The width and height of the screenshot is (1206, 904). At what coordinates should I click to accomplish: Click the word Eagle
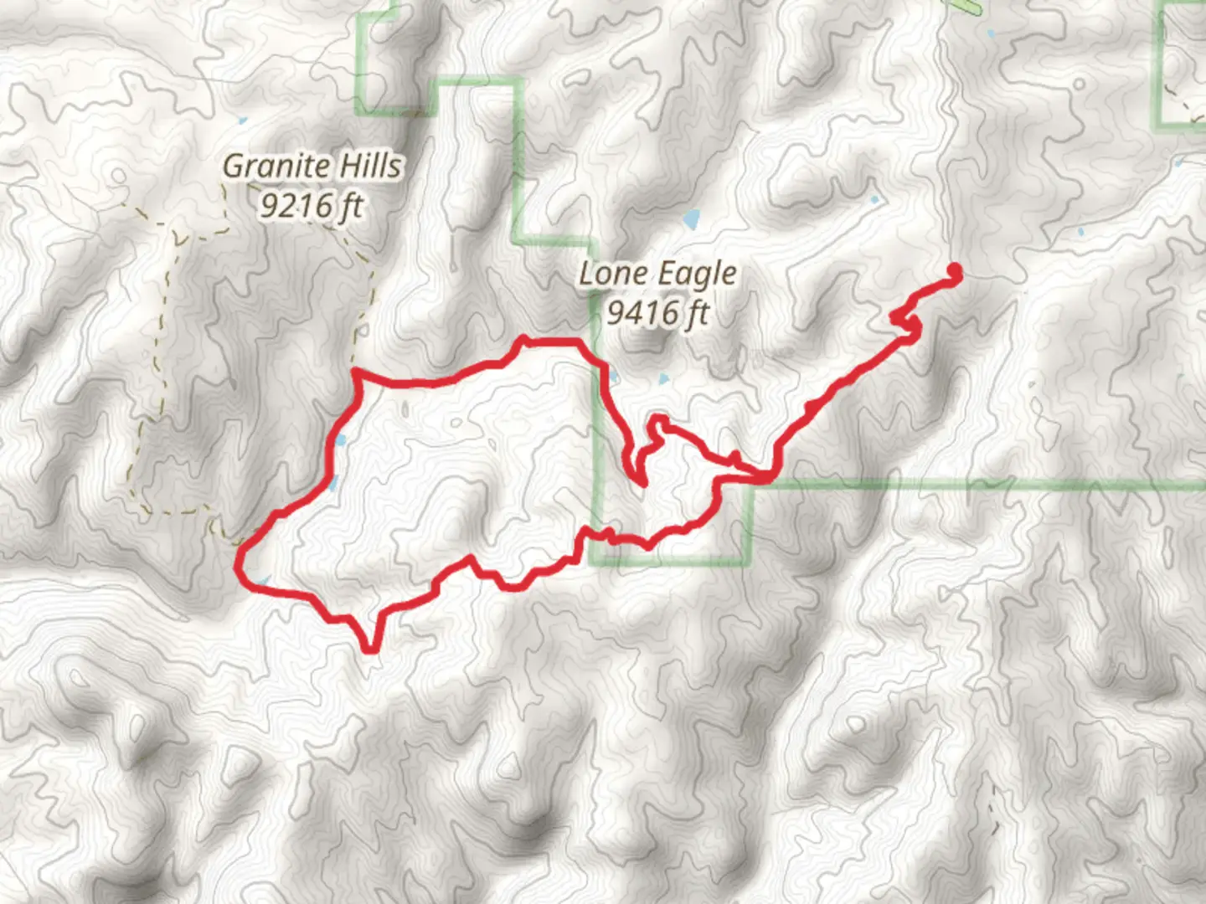(697, 275)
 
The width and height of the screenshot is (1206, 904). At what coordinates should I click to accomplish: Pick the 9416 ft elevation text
(657, 313)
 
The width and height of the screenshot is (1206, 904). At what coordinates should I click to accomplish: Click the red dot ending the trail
(953, 270)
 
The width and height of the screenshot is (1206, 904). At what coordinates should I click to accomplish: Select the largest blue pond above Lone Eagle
(692, 220)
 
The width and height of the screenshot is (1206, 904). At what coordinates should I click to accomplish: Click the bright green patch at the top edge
(968, 7)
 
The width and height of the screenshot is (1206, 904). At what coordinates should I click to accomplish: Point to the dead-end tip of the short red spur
(642, 483)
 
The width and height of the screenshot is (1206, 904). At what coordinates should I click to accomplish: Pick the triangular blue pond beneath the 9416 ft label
(665, 379)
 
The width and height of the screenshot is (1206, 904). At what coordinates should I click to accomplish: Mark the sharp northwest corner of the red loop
(358, 372)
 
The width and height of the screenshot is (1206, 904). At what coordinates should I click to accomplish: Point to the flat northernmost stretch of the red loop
(553, 341)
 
